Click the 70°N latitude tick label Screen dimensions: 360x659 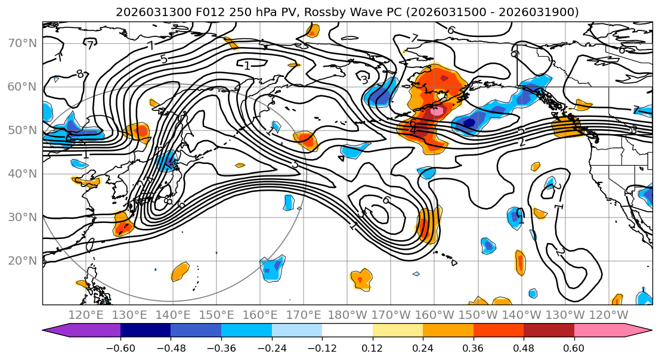23,44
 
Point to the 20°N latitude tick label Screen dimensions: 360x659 23,260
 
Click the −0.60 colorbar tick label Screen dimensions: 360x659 120,346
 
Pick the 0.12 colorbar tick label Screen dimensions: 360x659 372,346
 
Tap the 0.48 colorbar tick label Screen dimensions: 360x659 523,346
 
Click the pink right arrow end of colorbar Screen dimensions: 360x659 641,330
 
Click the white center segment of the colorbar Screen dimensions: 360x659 347,330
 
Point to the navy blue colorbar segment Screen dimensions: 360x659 146,330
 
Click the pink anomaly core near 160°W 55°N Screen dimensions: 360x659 437,110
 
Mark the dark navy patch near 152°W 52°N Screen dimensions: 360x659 469,123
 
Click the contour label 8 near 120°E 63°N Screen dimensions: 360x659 79,75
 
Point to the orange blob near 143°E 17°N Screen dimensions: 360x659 180,272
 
